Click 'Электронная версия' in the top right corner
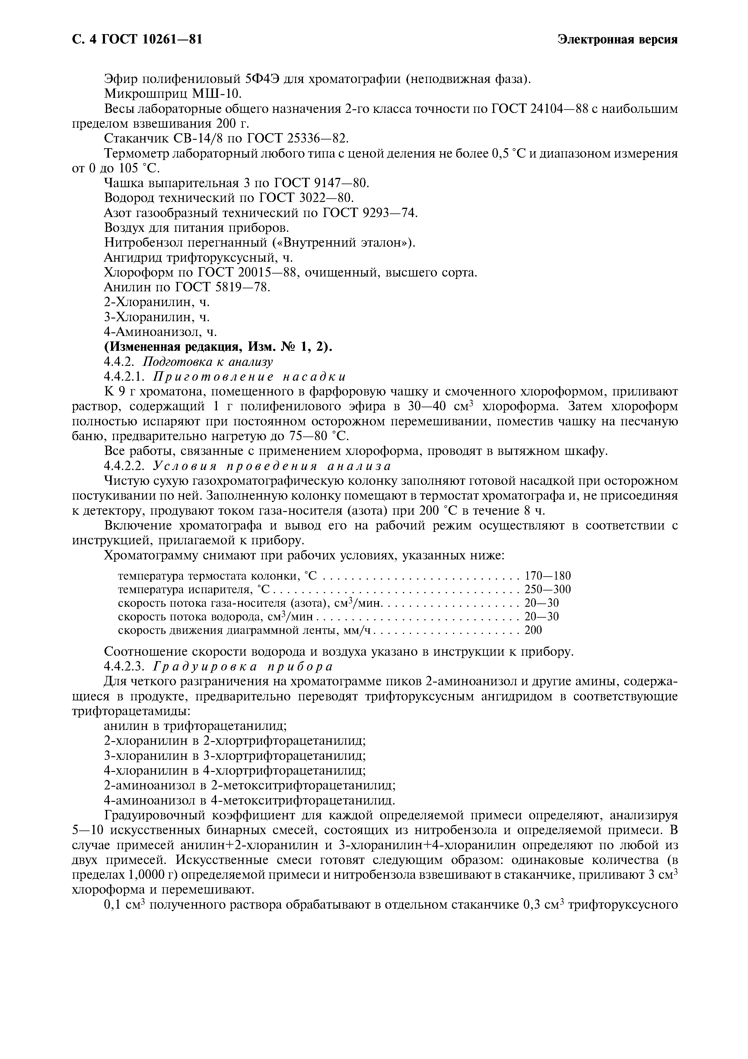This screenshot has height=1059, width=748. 618,40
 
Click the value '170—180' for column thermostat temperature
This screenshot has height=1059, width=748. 548,576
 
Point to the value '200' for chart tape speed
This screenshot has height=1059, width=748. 533,630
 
